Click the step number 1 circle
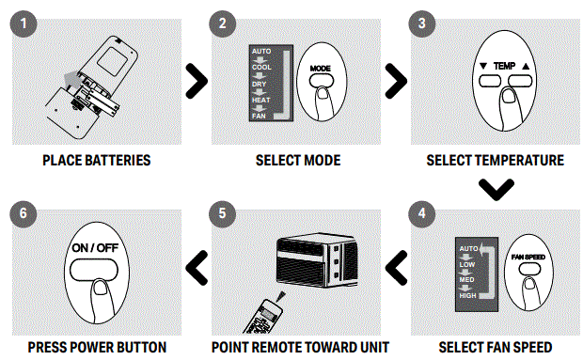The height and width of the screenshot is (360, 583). pos(24,23)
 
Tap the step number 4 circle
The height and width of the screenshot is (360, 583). pos(421,213)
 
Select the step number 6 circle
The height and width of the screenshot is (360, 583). pos(24,213)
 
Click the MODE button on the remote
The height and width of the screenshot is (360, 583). pos(322,81)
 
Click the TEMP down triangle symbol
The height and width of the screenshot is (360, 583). pos(483,66)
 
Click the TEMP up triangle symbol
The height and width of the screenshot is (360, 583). pos(526,66)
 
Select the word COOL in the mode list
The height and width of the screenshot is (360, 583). pos(261,68)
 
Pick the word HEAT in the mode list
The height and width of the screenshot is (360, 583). pos(261,100)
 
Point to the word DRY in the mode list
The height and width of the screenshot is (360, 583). pos(260,84)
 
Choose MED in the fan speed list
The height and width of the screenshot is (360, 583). pos(466,280)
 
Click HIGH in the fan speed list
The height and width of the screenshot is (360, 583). pos(467,296)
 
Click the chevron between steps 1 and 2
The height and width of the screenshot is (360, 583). pos(197,81)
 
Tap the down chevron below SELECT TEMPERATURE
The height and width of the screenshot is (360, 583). pos(496,190)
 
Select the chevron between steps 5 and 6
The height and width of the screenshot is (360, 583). pos(197,268)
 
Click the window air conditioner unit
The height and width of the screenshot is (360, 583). pos(317,260)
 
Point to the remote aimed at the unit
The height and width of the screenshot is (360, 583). pos(263,317)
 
